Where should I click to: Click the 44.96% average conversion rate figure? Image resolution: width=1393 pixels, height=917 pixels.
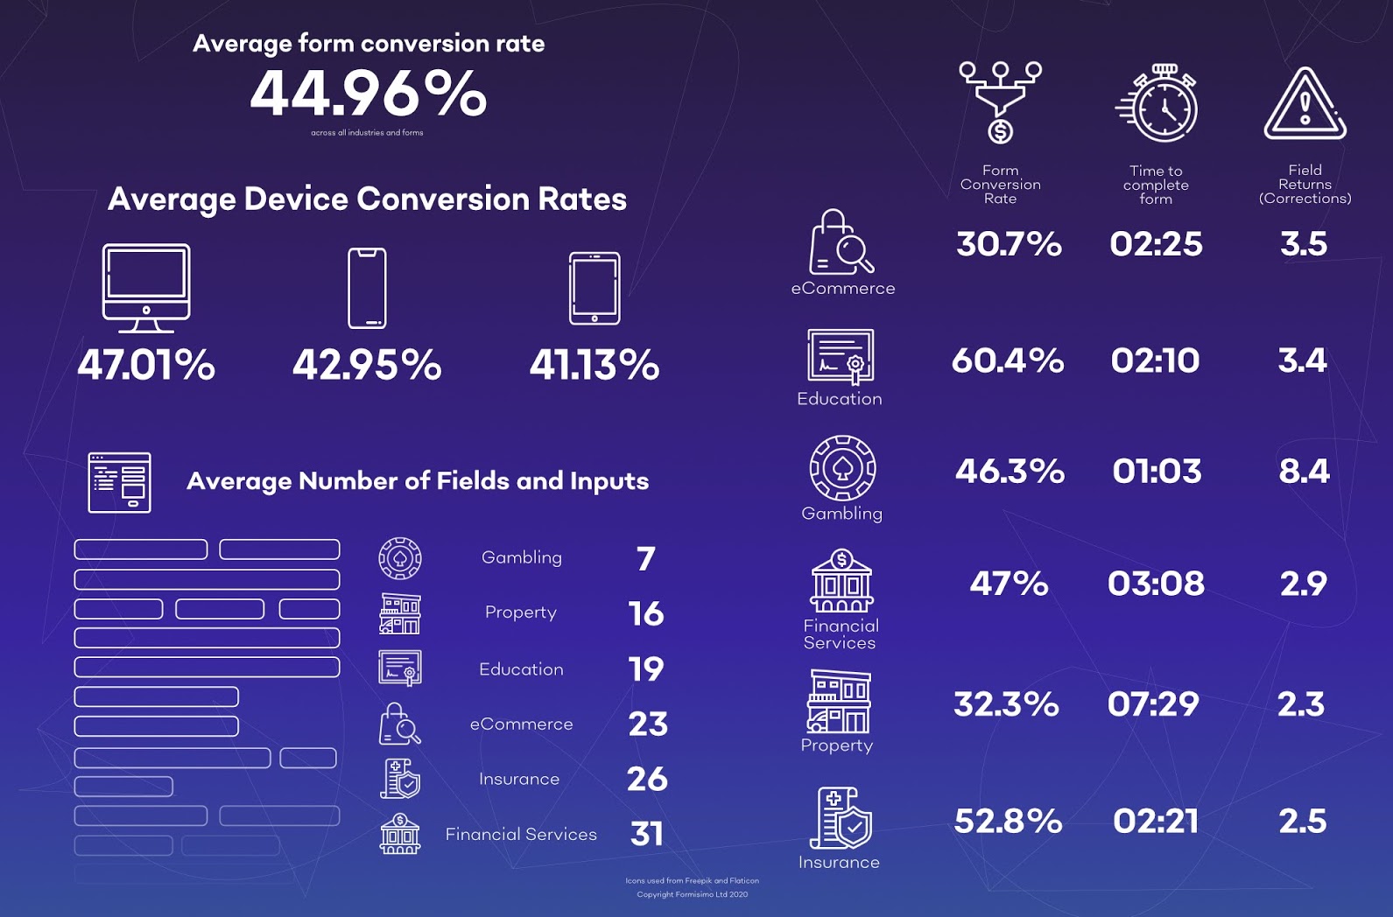[x=368, y=94]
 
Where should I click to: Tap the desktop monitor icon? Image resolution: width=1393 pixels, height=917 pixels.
[x=146, y=287]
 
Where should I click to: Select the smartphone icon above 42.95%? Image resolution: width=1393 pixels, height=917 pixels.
[x=367, y=288]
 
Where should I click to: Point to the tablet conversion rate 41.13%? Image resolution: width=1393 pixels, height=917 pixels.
[x=594, y=365]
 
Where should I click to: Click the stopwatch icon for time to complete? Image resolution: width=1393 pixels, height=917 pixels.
[x=1157, y=103]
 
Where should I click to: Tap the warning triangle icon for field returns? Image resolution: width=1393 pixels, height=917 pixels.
[x=1305, y=105]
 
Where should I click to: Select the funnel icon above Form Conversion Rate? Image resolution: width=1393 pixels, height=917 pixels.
[x=1000, y=101]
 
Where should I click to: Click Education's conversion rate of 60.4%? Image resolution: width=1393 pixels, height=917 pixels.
[x=1008, y=360]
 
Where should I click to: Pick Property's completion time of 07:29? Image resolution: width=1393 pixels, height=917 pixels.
[x=1153, y=704]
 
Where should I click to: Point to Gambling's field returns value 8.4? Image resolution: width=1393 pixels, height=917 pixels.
[x=1304, y=472]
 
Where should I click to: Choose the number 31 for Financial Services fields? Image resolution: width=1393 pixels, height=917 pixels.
[x=647, y=834]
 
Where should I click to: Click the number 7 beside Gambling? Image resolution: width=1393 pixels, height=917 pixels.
[x=646, y=558]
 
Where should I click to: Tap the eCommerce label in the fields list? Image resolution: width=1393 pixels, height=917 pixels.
[x=521, y=724]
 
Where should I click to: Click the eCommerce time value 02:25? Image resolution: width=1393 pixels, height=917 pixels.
[x=1156, y=244]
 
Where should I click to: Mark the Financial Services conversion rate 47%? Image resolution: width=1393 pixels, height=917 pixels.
[x=1009, y=584]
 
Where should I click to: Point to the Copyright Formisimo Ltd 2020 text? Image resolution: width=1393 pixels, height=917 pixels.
[x=692, y=894]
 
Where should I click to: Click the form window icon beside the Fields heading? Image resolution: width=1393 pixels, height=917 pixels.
[x=119, y=482]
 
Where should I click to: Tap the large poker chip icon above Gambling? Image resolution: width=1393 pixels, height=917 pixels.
[x=842, y=468]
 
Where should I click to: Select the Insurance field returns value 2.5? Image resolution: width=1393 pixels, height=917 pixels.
[x=1302, y=822]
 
